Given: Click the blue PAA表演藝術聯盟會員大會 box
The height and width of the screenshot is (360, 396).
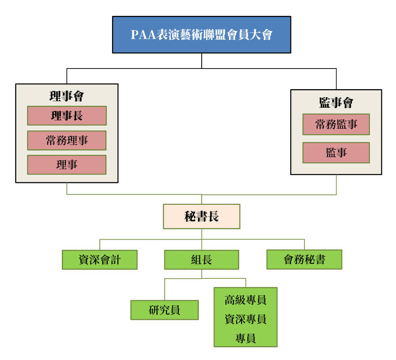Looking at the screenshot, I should pyautogui.click(x=202, y=34).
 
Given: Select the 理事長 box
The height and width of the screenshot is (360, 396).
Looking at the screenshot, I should pyautogui.click(x=67, y=116).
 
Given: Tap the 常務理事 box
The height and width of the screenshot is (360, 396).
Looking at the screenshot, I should pyautogui.click(x=67, y=140).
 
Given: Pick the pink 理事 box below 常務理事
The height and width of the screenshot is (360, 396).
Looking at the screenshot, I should pyautogui.click(x=67, y=165).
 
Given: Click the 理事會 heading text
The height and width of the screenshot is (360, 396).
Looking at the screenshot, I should pyautogui.click(x=67, y=96).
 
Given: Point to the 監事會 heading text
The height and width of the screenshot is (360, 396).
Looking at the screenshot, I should pyautogui.click(x=336, y=103).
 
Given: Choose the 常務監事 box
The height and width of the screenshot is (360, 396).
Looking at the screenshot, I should pyautogui.click(x=336, y=124).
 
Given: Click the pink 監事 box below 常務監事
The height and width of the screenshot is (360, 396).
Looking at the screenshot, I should pyautogui.click(x=336, y=152).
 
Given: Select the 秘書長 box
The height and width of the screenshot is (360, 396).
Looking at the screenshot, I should pyautogui.click(x=202, y=216).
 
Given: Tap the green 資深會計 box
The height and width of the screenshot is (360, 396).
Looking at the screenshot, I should pyautogui.click(x=100, y=260).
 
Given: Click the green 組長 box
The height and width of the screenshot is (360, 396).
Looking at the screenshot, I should pyautogui.click(x=202, y=260).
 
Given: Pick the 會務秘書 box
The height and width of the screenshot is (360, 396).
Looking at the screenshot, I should pyautogui.click(x=304, y=259).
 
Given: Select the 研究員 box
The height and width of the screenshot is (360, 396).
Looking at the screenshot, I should pyautogui.click(x=164, y=310).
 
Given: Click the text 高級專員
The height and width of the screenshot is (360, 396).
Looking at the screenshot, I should pyautogui.click(x=246, y=300).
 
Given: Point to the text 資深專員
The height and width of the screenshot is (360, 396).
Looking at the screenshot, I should pyautogui.click(x=246, y=319).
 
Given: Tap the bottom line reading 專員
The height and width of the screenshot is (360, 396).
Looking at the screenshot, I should pyautogui.click(x=246, y=338).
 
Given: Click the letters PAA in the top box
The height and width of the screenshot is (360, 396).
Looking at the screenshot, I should pyautogui.click(x=139, y=35).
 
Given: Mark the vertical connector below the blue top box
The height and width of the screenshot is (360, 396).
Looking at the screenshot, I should pyautogui.click(x=202, y=61).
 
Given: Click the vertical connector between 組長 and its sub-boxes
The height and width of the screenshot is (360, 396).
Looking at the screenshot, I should pyautogui.click(x=202, y=274).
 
